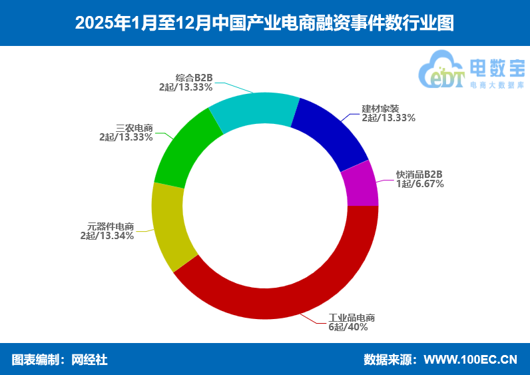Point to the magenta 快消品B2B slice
click(360, 185)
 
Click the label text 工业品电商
click(352, 318)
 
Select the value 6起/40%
click(348, 327)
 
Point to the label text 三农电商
click(134, 128)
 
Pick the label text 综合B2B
click(194, 77)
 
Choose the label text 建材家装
click(380, 109)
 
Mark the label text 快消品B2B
click(419, 174)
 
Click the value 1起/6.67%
click(420, 183)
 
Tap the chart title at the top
click(264, 23)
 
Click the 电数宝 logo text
click(497, 67)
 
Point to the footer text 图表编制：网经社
click(60, 360)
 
